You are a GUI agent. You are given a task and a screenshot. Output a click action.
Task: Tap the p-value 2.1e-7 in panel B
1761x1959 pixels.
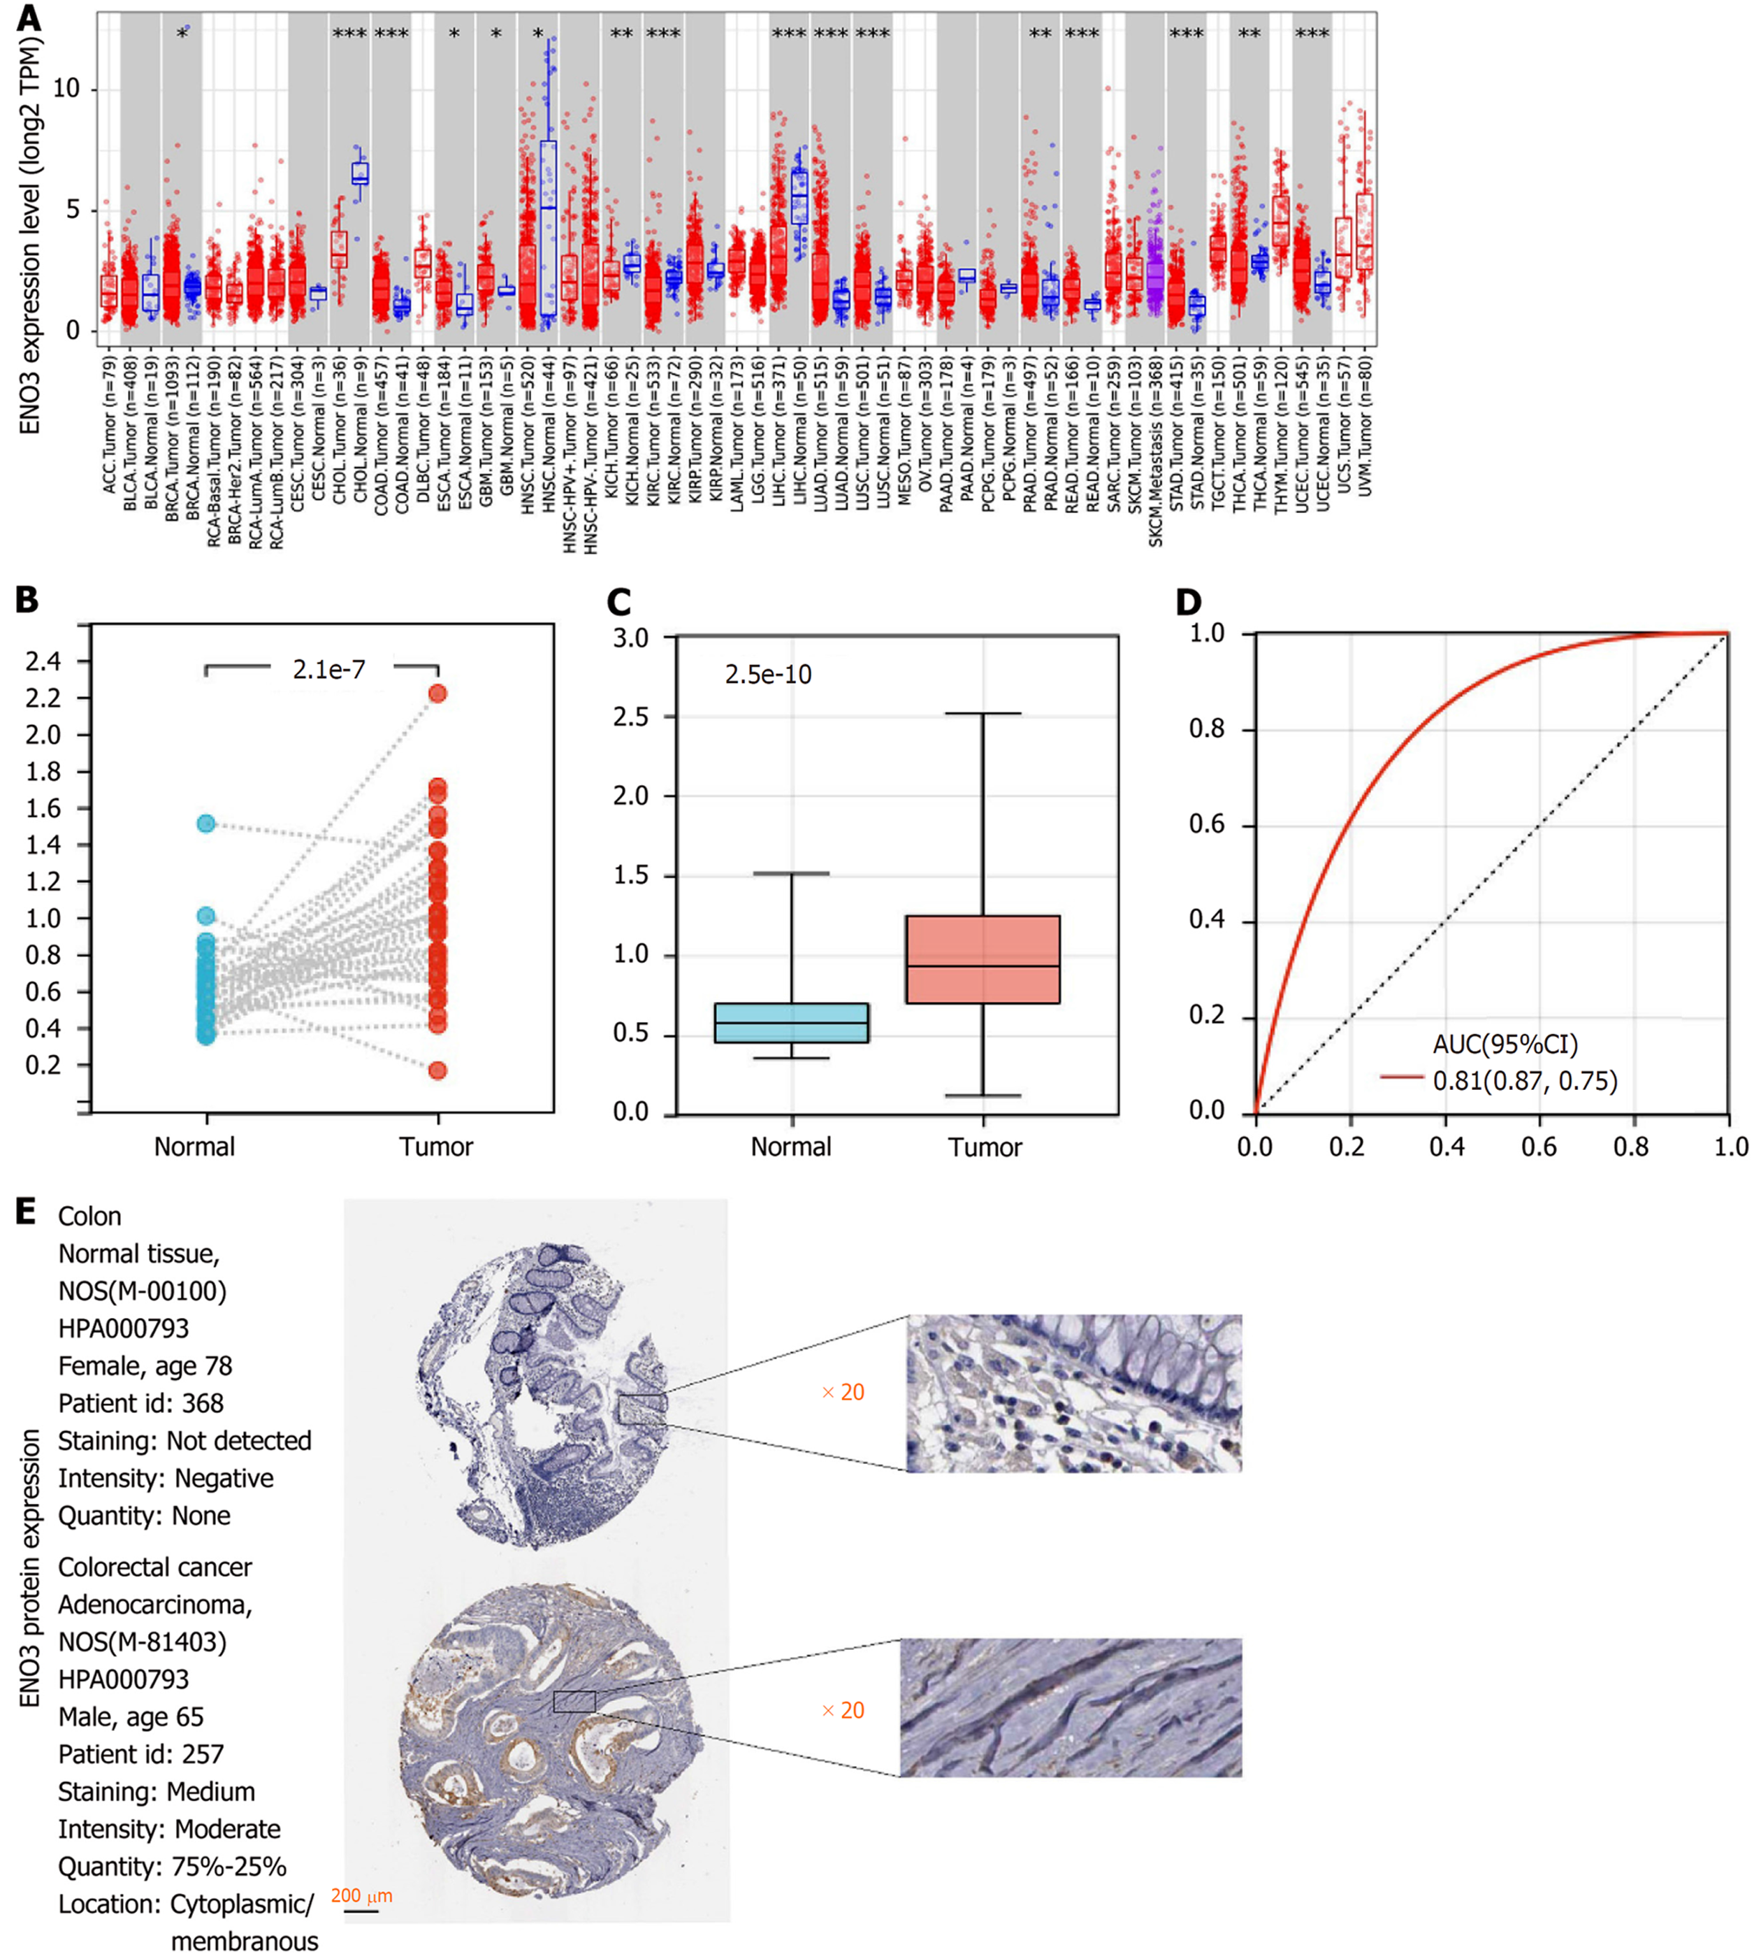pos(329,669)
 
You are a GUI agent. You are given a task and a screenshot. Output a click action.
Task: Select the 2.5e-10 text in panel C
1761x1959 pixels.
pos(767,675)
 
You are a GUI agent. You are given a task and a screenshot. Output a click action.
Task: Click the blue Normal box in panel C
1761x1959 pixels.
pos(790,1022)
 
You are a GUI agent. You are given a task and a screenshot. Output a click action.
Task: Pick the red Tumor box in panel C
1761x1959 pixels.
pos(982,959)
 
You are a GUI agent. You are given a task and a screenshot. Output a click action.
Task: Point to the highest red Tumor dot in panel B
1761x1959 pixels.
pos(437,693)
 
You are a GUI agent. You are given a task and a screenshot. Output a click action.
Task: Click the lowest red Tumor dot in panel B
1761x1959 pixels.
pos(437,1070)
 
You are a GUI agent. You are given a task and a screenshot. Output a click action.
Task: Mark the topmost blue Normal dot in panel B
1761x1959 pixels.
pos(206,824)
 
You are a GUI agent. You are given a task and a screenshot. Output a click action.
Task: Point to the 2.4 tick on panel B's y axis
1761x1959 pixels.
pos(43,661)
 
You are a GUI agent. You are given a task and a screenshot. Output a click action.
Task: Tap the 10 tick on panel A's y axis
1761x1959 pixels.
pos(66,89)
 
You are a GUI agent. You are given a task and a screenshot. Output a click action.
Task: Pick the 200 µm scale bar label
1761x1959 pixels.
pos(361,1896)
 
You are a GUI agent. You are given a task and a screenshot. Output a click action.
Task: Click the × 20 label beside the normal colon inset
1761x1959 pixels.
pos(842,1392)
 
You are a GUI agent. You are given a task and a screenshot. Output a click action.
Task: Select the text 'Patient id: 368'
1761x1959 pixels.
pos(140,1403)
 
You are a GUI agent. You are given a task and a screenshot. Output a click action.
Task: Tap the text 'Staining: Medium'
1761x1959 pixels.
pos(156,1792)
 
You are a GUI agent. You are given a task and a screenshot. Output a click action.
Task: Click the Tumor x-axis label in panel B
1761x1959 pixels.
pos(435,1147)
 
